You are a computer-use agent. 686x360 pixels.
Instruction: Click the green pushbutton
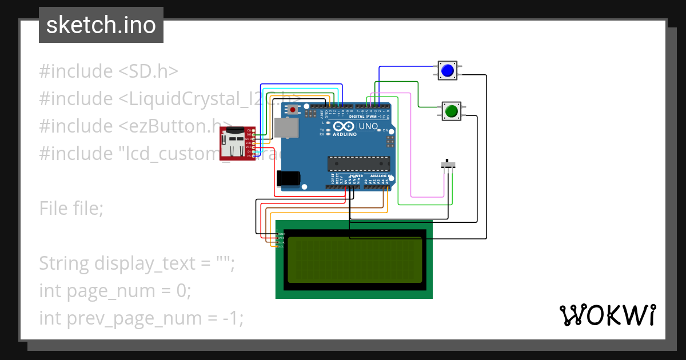452,110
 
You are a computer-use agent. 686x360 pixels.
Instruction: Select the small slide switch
450,165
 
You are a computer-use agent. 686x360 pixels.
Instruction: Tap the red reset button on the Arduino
293,109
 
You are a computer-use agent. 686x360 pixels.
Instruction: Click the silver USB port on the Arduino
286,128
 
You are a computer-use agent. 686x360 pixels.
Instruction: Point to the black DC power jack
288,178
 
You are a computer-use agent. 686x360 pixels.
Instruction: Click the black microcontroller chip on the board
358,163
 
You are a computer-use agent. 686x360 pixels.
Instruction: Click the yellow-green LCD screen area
355,260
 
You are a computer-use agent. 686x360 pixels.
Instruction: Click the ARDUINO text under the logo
345,135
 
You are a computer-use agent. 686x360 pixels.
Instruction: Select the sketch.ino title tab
101,25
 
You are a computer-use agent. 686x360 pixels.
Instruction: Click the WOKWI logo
607,315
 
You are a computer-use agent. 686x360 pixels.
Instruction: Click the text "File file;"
71,209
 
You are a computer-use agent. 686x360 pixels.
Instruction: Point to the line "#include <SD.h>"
109,71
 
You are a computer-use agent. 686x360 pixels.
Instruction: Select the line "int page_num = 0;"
115,291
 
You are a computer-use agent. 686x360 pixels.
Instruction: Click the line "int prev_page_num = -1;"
141,318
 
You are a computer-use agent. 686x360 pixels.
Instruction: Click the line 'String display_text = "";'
137,263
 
